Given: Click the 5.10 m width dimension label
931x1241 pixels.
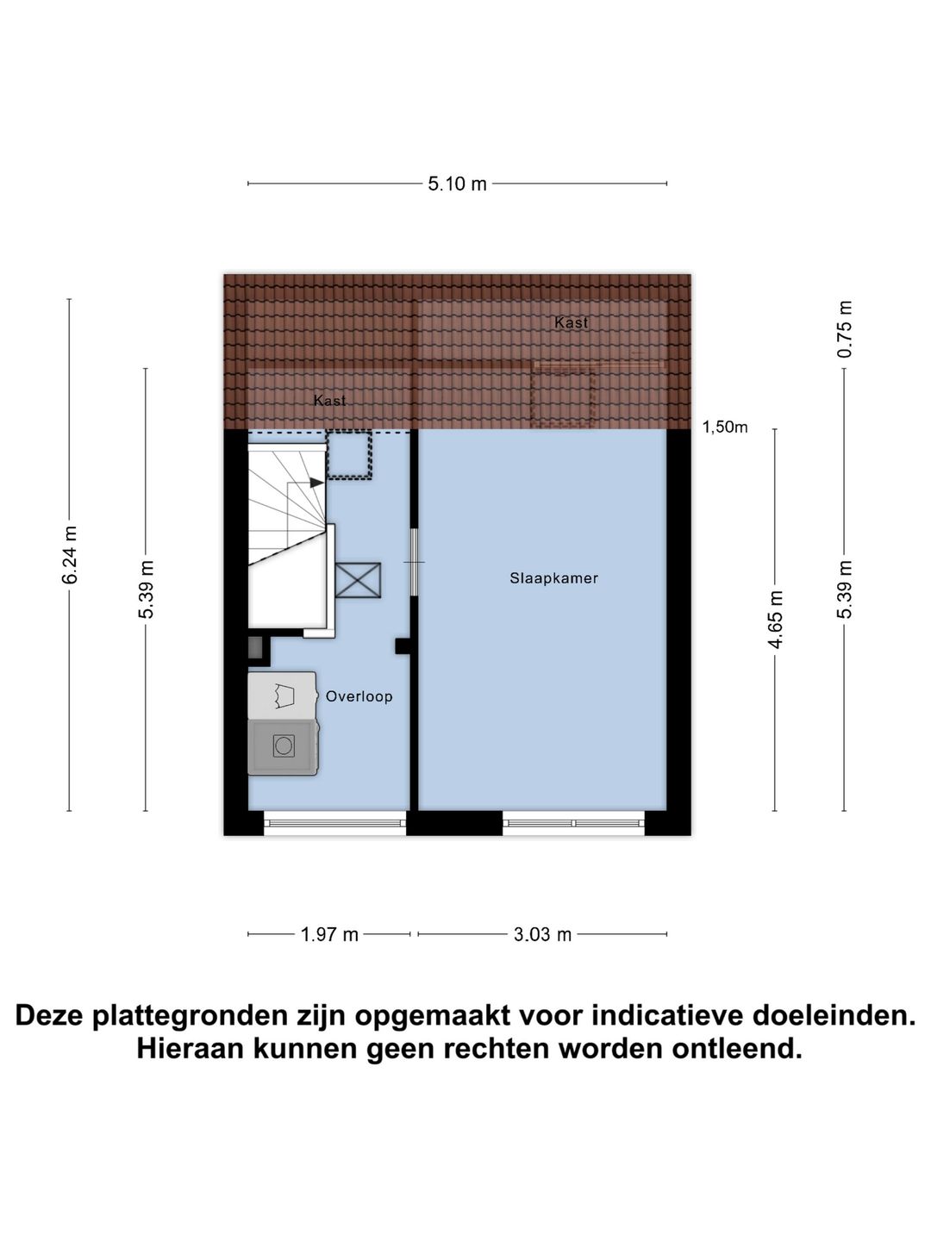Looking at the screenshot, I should tap(457, 184).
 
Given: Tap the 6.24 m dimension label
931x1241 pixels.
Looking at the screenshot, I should tap(70, 555).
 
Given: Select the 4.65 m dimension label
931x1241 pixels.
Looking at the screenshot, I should tap(775, 619).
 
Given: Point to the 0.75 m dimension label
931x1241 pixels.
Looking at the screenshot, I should tap(845, 330).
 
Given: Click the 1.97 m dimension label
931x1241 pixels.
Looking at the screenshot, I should tap(329, 934).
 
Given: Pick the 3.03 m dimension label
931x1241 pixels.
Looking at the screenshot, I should tap(542, 934).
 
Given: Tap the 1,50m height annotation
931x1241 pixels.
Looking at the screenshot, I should tap(725, 427).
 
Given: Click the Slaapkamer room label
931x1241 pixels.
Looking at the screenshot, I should tap(553, 578).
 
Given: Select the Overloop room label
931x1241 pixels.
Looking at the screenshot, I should tap(359, 696).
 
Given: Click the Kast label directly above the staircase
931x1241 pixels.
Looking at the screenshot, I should tap(329, 401).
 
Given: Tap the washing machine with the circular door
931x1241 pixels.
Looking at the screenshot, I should tap(283, 746).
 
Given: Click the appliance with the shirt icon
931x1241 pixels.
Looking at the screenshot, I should tap(282, 695).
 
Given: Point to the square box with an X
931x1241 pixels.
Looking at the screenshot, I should tap(357, 580).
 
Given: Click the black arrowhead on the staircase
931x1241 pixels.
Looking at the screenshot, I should tap(316, 483).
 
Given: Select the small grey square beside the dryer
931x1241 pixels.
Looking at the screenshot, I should tap(255, 648).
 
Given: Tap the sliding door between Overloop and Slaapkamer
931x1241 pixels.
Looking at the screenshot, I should tap(414, 562).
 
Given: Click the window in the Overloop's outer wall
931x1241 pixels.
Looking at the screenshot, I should tap(334, 823).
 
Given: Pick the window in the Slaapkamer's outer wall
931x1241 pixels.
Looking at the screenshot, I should tap(574, 823).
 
